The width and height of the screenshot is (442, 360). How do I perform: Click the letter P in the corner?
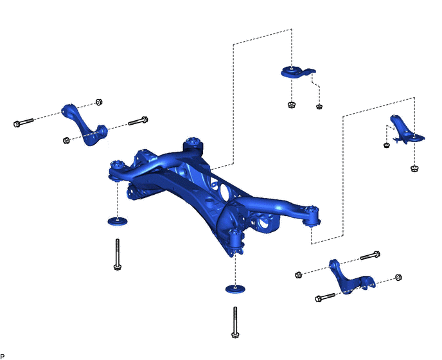3,356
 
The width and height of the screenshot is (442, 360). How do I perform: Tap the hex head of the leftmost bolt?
17,124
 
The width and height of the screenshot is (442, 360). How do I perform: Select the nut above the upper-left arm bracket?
99,102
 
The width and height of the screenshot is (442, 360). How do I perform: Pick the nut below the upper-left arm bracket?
66,140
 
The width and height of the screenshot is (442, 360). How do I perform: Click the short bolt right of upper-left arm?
138,121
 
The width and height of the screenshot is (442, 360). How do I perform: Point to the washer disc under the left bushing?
118,221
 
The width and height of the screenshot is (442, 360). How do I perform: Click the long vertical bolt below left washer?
118,254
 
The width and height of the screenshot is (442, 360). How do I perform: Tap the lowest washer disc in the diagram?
235,289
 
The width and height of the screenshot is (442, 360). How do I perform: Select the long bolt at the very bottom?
235,322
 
